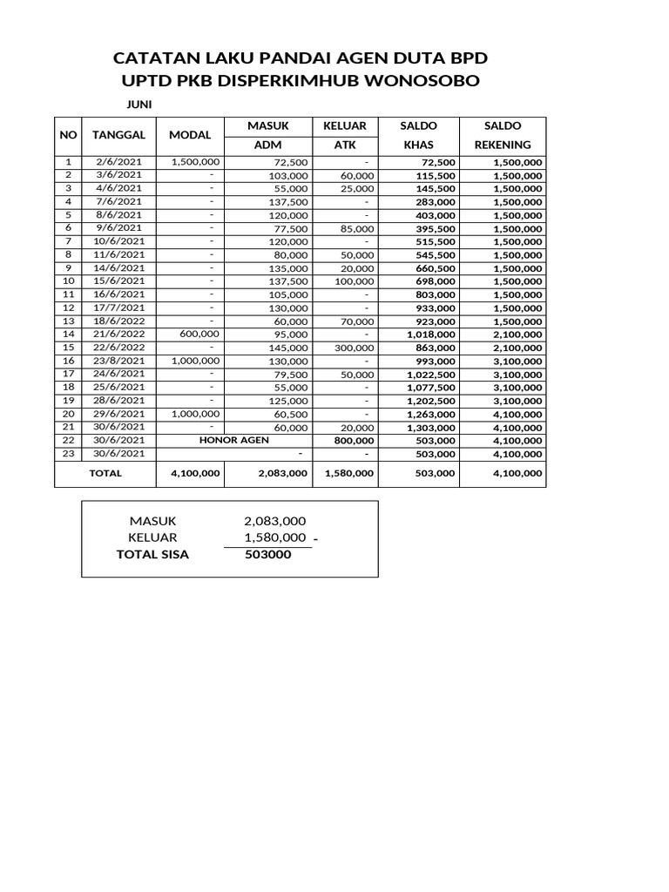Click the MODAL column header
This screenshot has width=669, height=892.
pos(191,136)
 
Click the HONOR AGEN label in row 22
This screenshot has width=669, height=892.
pos(234,441)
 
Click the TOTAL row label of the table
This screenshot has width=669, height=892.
pos(105,474)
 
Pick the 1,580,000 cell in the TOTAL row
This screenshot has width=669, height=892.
pos(349,474)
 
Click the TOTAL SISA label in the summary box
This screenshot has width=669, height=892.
pos(152,554)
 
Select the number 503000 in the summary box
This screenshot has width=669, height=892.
pos(268,554)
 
